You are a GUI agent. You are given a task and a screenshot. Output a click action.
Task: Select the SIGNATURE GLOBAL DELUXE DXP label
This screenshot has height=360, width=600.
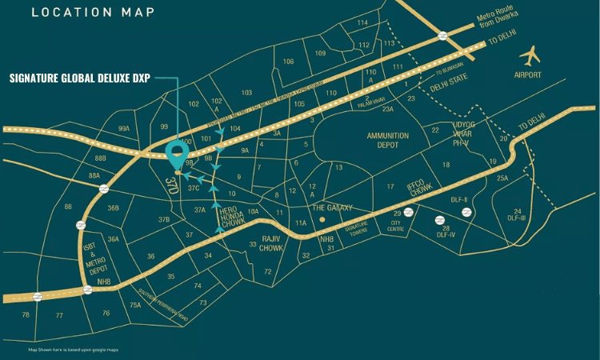pyautogui.click(x=79, y=78)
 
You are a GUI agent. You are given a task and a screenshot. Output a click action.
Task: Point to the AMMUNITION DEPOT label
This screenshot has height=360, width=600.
pyautogui.click(x=387, y=141)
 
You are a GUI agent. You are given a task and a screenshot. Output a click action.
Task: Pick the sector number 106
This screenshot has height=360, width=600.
pyautogui.click(x=289, y=62)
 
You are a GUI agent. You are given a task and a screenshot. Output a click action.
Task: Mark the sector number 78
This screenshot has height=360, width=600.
pyautogui.click(x=26, y=315)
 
